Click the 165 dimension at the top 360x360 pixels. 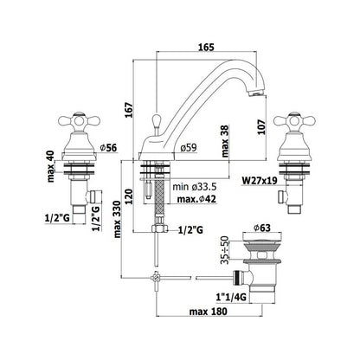coord(207,47)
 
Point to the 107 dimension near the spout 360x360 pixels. coord(261,126)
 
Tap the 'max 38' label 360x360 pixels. coord(225,141)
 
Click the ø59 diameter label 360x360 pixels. coord(189,148)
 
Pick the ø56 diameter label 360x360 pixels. coord(108,148)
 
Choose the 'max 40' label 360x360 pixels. coord(51,167)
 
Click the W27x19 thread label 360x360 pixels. coord(260,181)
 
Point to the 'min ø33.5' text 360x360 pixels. coord(195,187)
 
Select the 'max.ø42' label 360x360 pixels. coord(196,199)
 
